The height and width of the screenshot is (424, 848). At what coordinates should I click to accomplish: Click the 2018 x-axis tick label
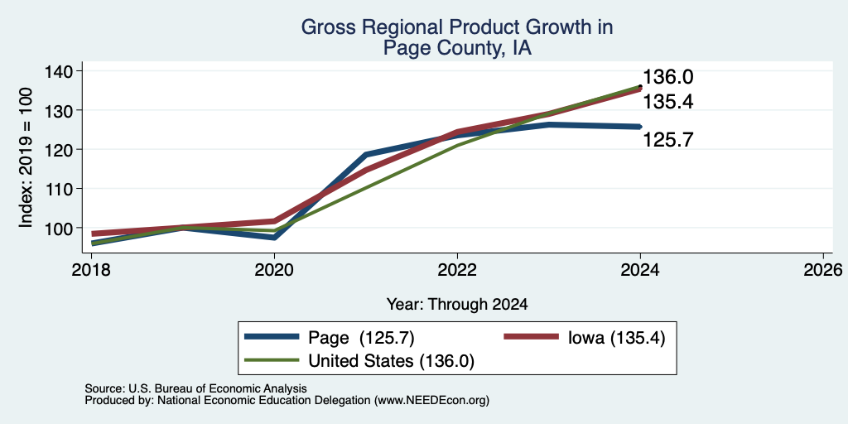(91, 270)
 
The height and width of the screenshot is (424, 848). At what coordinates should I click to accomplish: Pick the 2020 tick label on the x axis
(274, 270)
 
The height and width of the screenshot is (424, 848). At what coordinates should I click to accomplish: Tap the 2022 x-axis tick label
(457, 270)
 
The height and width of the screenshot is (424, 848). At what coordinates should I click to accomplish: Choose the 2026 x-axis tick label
(823, 270)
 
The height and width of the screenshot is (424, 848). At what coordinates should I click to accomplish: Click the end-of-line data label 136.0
(668, 77)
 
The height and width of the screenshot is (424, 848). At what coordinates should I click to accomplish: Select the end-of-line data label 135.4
(668, 102)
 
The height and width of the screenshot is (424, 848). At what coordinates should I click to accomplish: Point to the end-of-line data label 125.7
(668, 141)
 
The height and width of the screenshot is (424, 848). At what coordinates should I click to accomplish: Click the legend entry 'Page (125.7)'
(361, 338)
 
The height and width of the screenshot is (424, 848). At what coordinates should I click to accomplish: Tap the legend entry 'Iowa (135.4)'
(616, 338)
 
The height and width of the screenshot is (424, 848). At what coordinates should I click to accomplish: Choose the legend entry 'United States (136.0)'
(391, 361)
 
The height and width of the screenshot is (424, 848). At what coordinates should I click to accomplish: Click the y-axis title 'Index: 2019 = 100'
(26, 157)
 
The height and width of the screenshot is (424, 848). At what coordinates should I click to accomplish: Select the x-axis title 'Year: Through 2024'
(457, 305)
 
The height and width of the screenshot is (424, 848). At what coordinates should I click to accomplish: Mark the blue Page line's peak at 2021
(366, 155)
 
